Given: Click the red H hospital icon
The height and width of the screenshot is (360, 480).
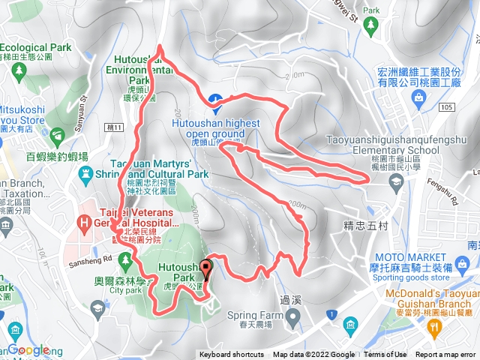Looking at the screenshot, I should pos(84,222).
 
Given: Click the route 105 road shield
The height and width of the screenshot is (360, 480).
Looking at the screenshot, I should pos(448,107).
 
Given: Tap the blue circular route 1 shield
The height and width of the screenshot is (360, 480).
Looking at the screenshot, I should pos(330,312).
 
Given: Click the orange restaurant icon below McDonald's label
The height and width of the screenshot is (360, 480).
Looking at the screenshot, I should pos(433,326).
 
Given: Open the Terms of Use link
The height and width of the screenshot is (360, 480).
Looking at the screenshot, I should pos(385,355).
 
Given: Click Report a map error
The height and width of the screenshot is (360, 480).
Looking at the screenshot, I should pos(446,355).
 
